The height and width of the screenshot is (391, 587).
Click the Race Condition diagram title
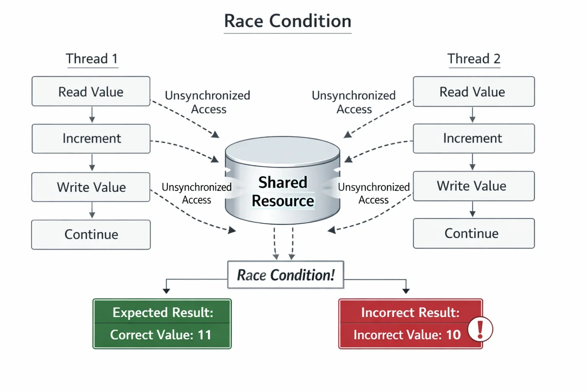pos(287,21)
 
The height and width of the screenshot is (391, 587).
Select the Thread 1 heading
pos(92,58)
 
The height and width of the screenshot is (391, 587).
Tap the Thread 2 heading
pos(474,58)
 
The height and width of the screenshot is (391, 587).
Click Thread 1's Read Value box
pos(91,91)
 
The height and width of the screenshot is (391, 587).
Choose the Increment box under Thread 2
pos(474,138)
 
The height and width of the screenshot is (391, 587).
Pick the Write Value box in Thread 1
pos(91,187)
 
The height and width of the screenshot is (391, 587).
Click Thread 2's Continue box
pos(474,233)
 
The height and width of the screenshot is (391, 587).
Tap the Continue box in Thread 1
pos(91,235)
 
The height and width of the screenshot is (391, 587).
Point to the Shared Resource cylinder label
pos(283,191)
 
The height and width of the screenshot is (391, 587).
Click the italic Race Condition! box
pos(285,275)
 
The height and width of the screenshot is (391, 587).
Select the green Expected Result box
pos(162,324)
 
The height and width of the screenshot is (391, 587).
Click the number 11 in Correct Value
pos(204,335)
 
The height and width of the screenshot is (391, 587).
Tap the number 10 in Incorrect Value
pos(453,335)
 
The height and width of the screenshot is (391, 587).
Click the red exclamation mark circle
pos(480,329)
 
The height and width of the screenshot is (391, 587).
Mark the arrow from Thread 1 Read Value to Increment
pos(92,115)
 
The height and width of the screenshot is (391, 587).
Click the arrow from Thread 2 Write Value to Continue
pos(472,209)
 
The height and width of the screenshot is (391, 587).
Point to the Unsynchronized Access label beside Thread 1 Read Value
pos(208,102)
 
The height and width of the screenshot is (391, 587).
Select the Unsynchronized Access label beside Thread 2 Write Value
pos(374,193)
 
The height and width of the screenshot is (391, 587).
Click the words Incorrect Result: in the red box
pos(410,312)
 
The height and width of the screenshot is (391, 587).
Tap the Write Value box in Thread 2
pos(474,186)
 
